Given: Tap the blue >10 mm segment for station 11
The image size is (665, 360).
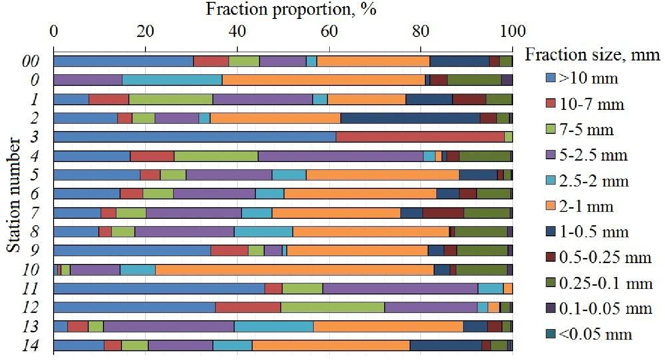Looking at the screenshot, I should click(x=159, y=288).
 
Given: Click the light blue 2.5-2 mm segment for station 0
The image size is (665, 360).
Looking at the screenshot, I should click(x=172, y=80).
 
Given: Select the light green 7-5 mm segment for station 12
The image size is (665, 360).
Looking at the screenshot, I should click(x=332, y=307).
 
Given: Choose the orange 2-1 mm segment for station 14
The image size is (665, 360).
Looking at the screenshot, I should click(x=331, y=345).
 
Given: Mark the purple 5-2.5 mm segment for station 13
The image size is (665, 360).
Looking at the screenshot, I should click(x=169, y=326).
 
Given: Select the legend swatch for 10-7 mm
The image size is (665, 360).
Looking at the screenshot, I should click(x=549, y=104).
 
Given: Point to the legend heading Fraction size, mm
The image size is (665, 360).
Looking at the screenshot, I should click(x=592, y=55).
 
